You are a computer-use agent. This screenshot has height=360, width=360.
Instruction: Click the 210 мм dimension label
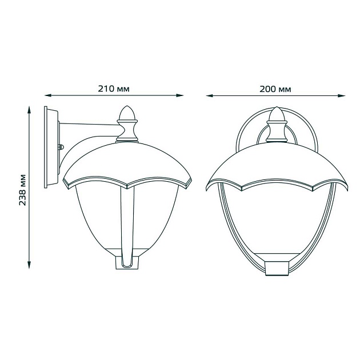[x=114, y=89]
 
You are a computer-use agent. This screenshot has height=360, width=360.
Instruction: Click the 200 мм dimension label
[x=275, y=89]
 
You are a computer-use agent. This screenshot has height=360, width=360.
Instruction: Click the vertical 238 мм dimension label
[x=22, y=190]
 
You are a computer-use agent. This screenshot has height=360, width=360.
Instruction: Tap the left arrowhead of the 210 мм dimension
[x=47, y=95]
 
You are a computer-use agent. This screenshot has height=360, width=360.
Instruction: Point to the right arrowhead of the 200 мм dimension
[x=342, y=95]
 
